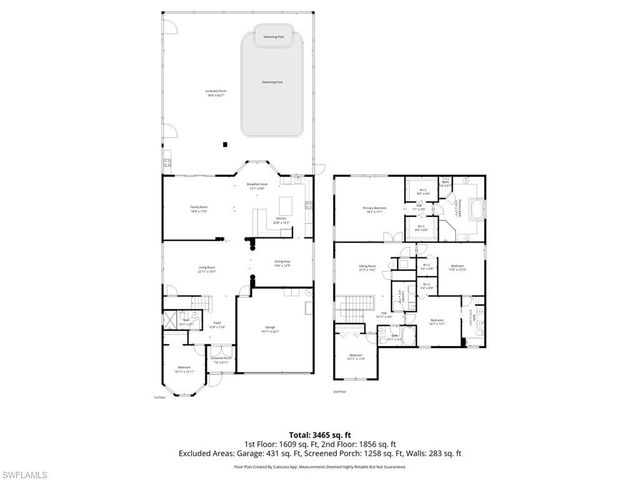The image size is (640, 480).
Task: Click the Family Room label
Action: (x=199, y=209)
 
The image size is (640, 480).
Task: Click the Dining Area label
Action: (x=282, y=265)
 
